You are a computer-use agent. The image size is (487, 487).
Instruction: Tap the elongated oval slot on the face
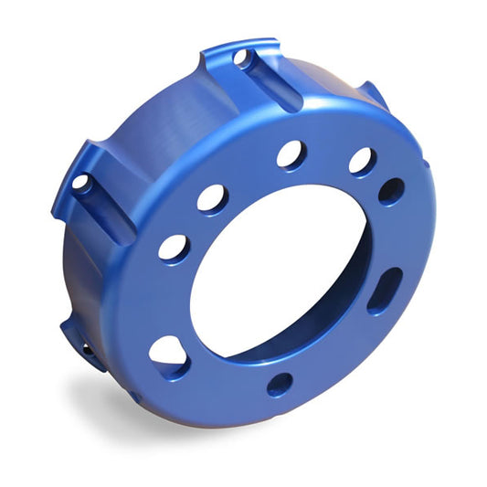point(385,291)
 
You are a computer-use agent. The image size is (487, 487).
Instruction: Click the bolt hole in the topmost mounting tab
point(242,58)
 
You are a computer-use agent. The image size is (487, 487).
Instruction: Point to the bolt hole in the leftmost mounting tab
point(80,182)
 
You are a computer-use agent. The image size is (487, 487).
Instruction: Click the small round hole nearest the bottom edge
point(280,383)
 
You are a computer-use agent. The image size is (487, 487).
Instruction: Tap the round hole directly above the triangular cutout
point(174,248)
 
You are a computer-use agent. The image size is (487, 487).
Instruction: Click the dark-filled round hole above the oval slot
point(391,191)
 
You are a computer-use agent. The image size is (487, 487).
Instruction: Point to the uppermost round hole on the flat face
point(291,154)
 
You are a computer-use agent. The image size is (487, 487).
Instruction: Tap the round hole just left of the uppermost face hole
point(214,198)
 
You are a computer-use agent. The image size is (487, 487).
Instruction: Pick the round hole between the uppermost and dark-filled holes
point(362,161)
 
